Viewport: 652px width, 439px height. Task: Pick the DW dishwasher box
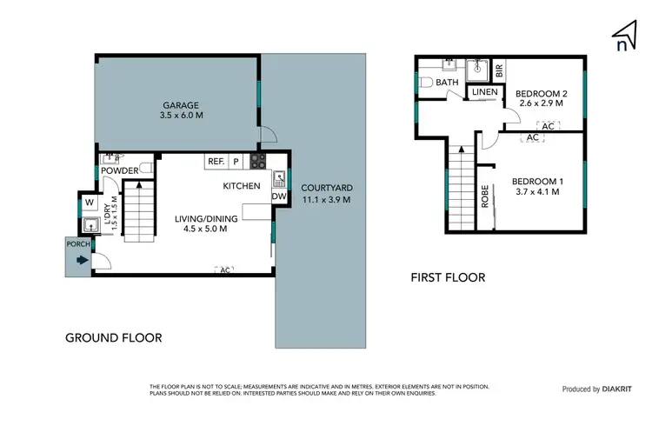pos(278,196)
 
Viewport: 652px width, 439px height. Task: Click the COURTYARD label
pos(326,188)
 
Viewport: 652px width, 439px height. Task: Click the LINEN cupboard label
pos(483,92)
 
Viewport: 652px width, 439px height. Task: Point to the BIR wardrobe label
pos(499,68)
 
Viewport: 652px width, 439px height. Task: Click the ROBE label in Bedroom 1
pos(484,196)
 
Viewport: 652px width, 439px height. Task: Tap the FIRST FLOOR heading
pos(447,278)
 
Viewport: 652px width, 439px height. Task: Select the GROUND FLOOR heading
pos(114,337)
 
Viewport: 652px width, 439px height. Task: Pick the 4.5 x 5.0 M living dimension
pos(205,229)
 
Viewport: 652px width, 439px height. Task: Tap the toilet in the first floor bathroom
pos(425,83)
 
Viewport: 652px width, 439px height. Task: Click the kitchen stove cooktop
pos(257,161)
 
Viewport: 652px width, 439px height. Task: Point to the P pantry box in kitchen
pos(236,162)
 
